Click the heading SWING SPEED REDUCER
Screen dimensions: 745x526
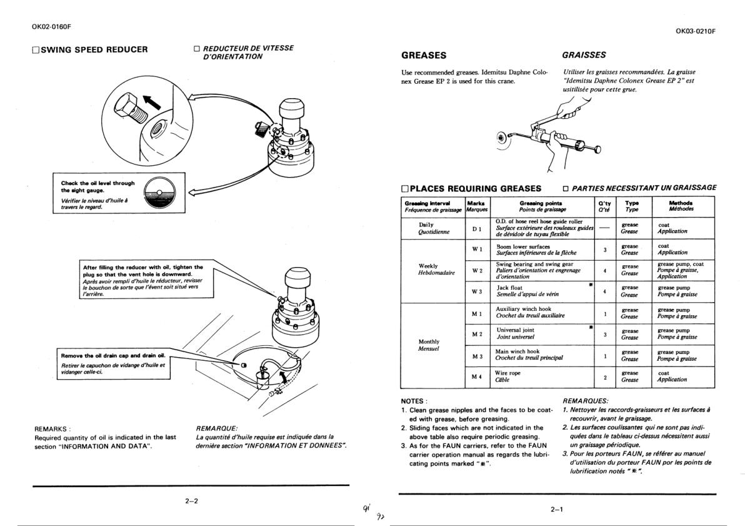[94, 49]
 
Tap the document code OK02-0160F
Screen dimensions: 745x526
[51, 27]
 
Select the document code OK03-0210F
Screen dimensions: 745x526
[695, 31]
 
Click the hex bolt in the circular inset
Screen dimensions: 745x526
[131, 108]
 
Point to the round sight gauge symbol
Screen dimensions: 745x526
[159, 193]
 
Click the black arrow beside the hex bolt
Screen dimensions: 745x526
[152, 102]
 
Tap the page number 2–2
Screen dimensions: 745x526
[191, 501]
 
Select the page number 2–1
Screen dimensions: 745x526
[557, 509]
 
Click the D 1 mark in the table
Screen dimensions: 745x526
[477, 230]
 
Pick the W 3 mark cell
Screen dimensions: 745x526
[477, 291]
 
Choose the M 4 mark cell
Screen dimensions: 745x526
[477, 377]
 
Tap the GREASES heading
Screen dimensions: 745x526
[424, 55]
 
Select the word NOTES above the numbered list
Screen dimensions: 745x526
[414, 401]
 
